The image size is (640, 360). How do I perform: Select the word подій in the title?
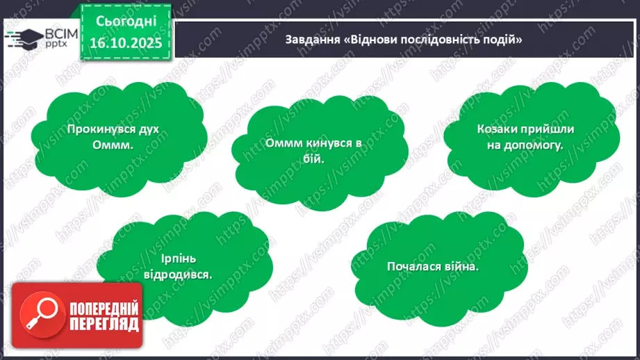[x=507, y=40]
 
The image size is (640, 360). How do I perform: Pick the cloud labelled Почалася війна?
[x=433, y=265]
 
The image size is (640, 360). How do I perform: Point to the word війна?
[x=462, y=265]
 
